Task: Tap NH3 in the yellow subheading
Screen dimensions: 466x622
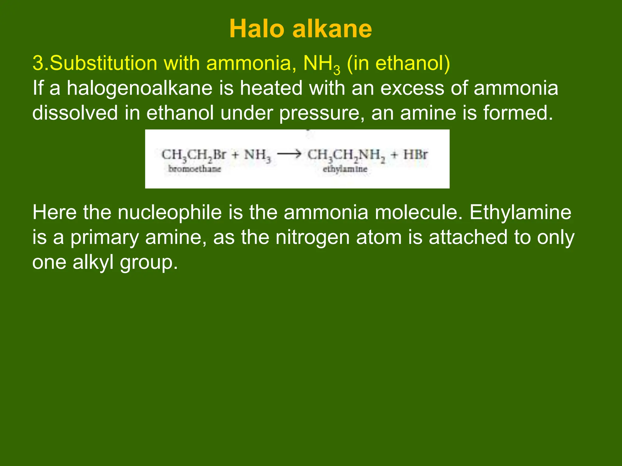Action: click(322, 64)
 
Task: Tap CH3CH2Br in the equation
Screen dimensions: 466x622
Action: click(194, 155)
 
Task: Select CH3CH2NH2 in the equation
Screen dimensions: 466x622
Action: click(346, 155)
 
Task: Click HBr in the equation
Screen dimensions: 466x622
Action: click(415, 155)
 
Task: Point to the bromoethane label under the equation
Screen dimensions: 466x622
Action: click(194, 169)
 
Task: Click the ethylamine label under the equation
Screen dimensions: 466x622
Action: click(345, 169)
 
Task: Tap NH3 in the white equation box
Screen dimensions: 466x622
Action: click(257, 155)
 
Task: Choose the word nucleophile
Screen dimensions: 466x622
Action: click(170, 212)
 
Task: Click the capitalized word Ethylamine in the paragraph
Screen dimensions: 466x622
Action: click(520, 212)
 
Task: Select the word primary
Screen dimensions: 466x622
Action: click(104, 238)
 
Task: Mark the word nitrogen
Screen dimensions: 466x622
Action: click(313, 238)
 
